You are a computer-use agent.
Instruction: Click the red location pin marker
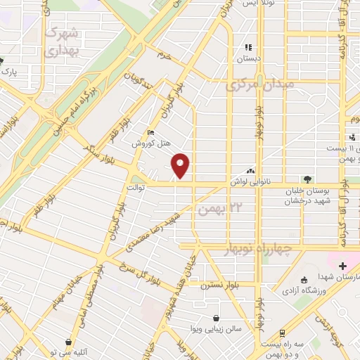181,165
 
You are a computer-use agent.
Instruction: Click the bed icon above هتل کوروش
150,132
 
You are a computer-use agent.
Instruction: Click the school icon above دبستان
248,47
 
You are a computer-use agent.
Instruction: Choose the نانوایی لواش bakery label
252,181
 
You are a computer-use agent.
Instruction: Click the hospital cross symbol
342,266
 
